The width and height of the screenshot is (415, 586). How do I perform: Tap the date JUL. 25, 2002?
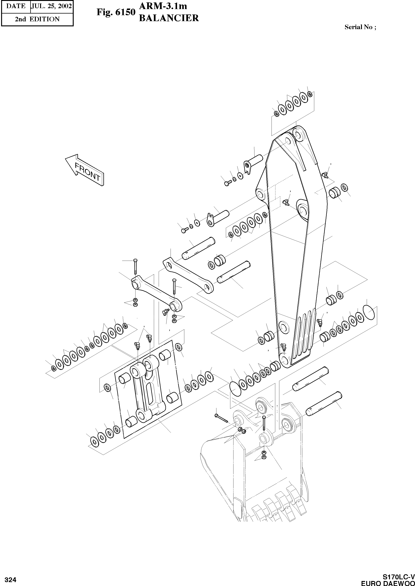tap(51, 6)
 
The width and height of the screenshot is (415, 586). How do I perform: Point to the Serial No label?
tap(360, 27)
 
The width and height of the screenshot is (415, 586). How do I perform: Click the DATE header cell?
tap(16, 6)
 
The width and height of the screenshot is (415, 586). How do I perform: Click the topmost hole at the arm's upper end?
tap(298, 134)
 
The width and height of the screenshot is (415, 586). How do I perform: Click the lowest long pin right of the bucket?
tap(324, 404)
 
